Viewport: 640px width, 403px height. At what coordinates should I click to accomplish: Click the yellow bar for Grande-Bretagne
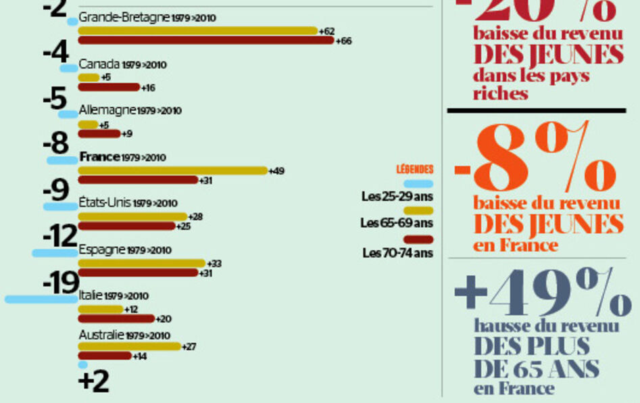tap(197, 30)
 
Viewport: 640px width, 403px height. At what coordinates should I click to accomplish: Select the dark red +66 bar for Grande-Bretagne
tap(206, 41)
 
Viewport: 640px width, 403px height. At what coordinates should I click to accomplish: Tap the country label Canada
tap(100, 65)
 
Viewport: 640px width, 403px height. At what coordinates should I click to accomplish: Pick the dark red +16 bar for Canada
tap(109, 87)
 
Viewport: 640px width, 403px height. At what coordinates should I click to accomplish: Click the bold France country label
tap(99, 157)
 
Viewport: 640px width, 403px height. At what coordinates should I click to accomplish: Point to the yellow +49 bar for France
tap(172, 170)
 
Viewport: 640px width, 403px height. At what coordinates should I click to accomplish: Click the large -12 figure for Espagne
tap(60, 237)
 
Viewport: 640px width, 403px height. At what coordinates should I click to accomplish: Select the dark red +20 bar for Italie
tap(116, 318)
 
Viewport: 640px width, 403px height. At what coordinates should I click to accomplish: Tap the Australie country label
tap(101, 335)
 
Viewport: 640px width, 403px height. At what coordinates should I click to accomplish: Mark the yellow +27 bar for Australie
tap(130, 346)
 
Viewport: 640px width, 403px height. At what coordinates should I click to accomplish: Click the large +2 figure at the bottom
tap(94, 381)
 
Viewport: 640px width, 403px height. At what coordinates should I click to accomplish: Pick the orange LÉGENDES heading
tap(414, 170)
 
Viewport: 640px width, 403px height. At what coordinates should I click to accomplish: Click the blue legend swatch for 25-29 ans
tap(418, 184)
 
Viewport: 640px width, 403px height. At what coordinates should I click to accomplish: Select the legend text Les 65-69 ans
tap(397, 222)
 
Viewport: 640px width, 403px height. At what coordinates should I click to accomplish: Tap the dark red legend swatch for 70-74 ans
tap(418, 239)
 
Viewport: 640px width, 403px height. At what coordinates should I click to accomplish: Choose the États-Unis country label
tap(105, 203)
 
